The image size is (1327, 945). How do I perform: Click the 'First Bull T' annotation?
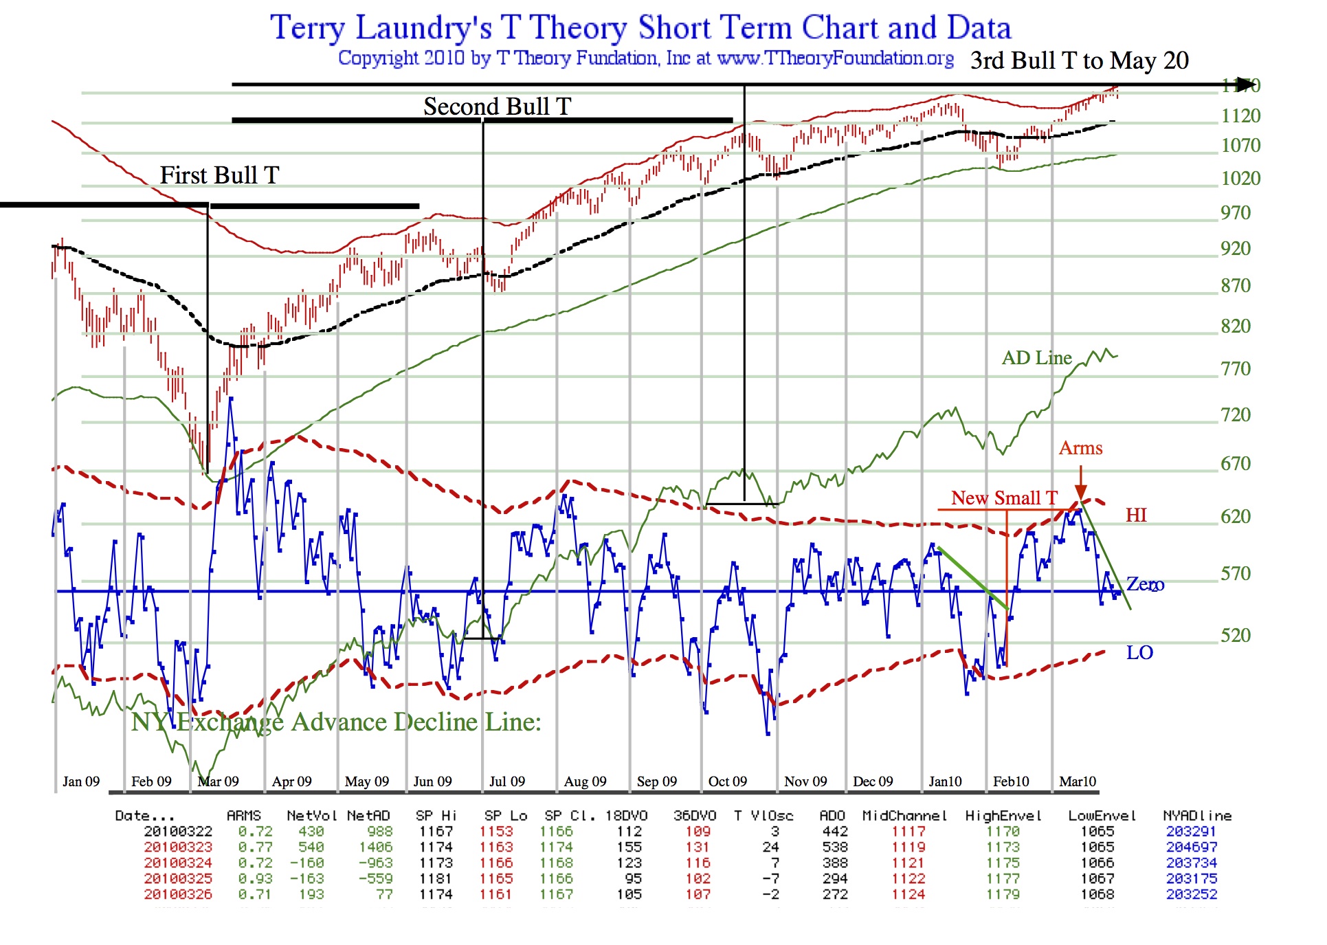219,175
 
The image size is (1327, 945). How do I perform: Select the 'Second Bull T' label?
497,107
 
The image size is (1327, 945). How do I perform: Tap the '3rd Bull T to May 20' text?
1079,60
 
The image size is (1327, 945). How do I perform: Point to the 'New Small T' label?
1003,498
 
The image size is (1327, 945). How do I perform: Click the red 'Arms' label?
1080,448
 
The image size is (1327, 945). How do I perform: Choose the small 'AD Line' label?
1036,358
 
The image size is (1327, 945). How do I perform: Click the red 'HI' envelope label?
1136,515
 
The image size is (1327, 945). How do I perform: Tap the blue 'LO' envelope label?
1139,652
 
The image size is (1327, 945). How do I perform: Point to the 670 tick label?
1235,464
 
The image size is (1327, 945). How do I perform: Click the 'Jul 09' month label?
506,781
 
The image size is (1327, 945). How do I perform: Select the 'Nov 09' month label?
805,781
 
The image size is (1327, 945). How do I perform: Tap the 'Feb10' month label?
1011,781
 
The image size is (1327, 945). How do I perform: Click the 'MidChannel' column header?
904,816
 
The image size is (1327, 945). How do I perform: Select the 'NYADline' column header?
1197,816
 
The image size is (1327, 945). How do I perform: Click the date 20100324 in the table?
178,863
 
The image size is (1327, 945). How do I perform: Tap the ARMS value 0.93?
255,879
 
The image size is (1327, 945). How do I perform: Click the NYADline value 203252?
1192,895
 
